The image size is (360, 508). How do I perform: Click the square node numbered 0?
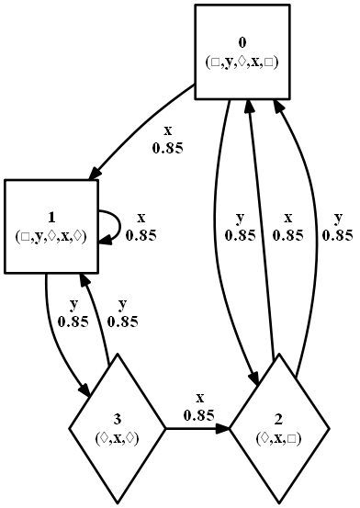tap(242, 51)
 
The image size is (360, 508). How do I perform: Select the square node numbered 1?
tap(51, 226)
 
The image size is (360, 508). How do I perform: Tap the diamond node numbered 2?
tap(279, 427)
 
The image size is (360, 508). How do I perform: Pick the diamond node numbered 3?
tap(118, 427)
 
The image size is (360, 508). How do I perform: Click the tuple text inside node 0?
tap(242, 62)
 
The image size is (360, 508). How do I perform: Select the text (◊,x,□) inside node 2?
tap(279, 439)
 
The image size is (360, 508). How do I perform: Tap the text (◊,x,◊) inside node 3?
tap(118, 439)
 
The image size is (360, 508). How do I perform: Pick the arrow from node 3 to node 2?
tap(197, 427)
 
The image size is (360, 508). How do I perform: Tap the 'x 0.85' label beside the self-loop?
tap(141, 226)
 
